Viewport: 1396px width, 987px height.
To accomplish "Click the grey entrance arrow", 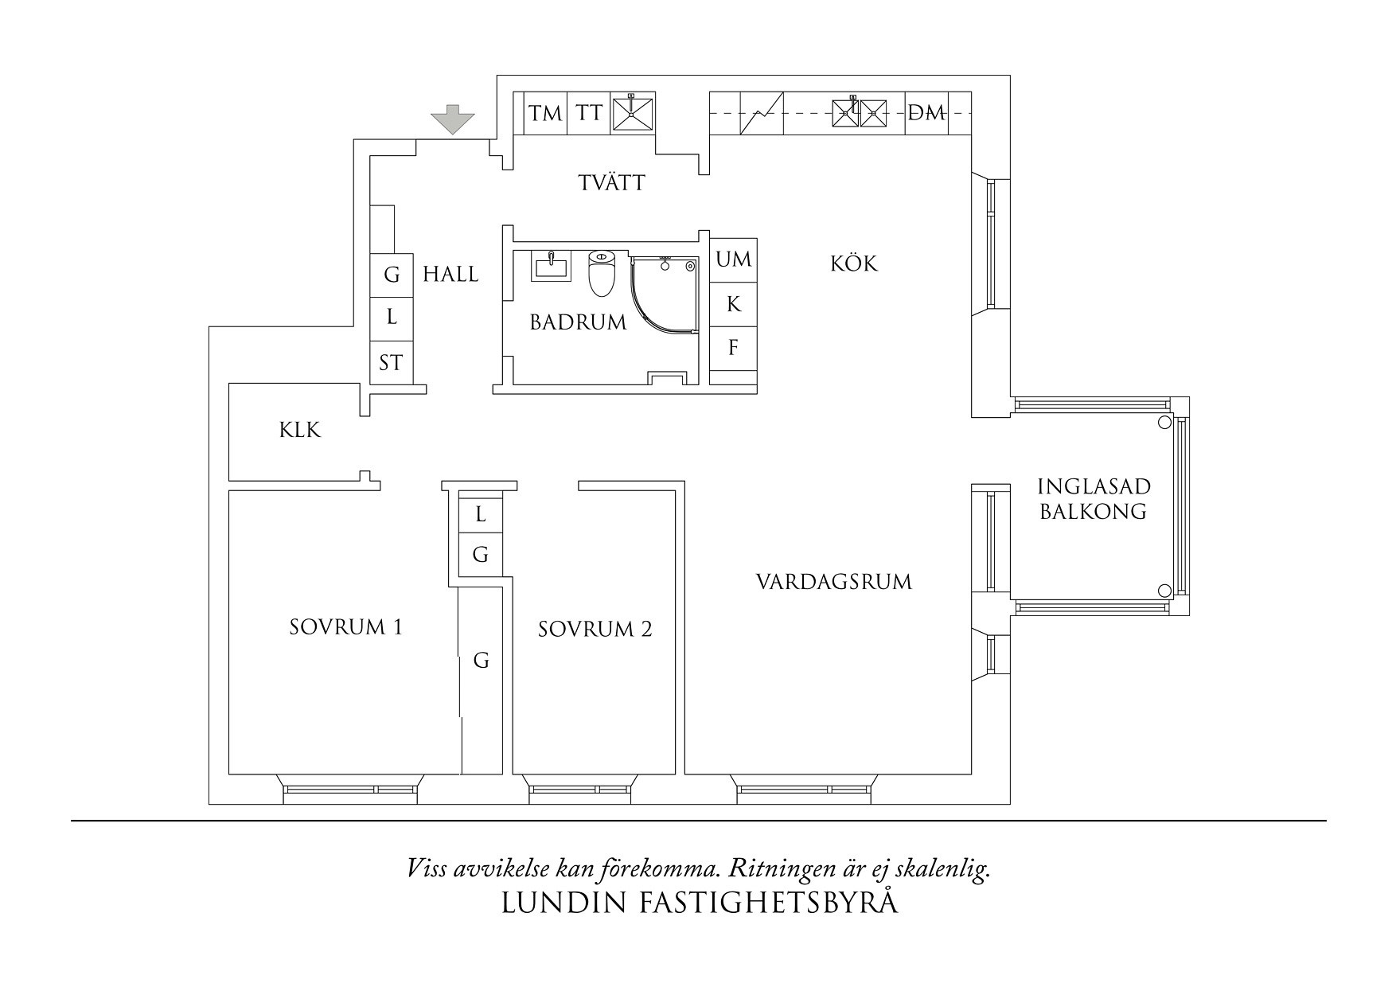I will pos(452,119).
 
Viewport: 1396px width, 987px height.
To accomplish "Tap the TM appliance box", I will pos(545,113).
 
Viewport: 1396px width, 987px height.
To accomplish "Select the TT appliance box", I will pos(589,113).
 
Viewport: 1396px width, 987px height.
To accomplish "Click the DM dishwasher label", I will pos(927,114).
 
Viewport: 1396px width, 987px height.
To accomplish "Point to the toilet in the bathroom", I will pos(602,272).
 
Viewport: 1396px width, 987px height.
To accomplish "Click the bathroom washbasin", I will pos(551,265).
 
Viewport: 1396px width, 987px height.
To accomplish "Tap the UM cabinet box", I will pos(733,259).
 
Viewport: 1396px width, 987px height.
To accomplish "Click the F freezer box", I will pos(733,348).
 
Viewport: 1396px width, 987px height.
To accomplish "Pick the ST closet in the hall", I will pos(391,364).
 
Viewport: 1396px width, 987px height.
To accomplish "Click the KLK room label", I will pos(300,431).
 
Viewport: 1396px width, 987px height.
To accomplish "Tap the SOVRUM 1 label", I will pos(346,627).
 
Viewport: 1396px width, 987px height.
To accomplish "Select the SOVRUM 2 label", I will pos(595,630).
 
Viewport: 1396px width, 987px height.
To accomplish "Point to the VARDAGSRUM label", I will pos(833,582).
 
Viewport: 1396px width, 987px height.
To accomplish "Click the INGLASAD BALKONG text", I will pos(1094,499).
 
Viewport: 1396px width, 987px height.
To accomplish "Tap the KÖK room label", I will pos(854,263).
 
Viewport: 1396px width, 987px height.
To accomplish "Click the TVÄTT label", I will pos(611,183).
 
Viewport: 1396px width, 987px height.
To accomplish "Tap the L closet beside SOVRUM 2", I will pos(480,515).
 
